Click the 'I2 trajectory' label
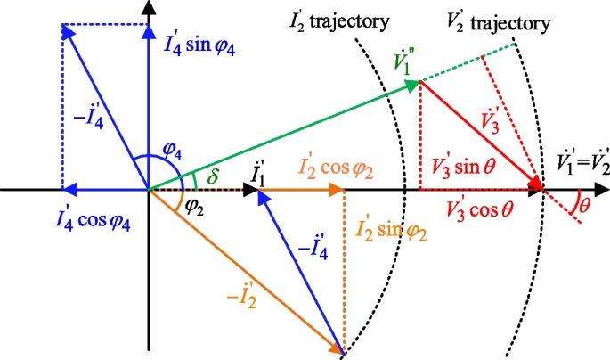point(338,20)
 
